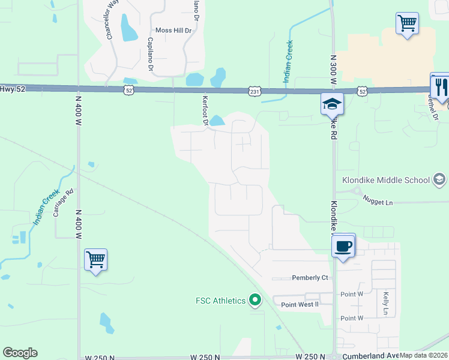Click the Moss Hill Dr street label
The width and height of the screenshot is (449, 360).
(x=173, y=30)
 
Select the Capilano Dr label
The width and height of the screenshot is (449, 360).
(x=150, y=53)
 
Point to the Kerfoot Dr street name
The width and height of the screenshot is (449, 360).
(x=205, y=111)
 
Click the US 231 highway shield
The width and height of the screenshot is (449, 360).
(x=254, y=91)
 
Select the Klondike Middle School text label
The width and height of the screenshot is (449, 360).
(x=386, y=180)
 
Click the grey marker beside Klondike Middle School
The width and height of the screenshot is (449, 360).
(x=439, y=179)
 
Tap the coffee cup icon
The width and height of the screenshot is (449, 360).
(x=343, y=245)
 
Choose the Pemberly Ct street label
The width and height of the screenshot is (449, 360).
(x=310, y=278)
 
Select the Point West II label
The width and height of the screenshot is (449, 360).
(x=300, y=305)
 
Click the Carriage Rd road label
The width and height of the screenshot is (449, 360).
(x=62, y=203)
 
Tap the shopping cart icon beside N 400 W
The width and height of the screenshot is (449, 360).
(x=96, y=260)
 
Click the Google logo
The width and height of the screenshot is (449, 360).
(x=20, y=353)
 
